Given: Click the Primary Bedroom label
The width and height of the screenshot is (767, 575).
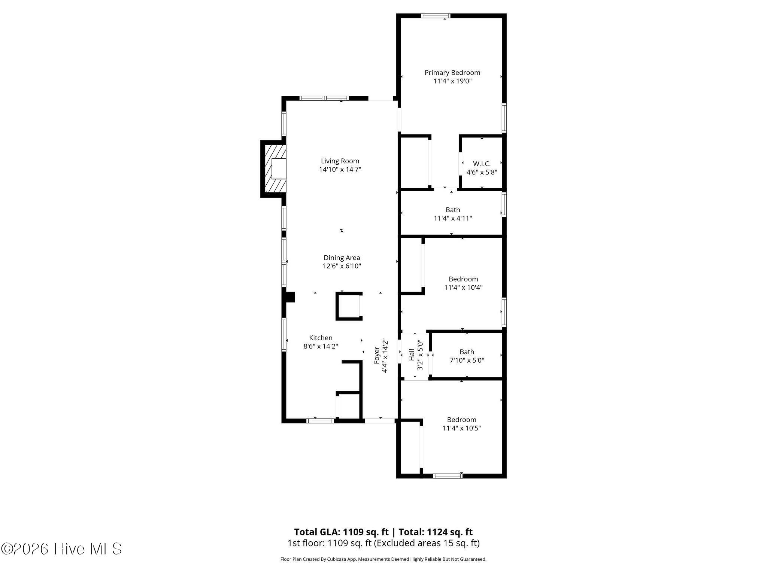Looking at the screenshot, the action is [452, 73].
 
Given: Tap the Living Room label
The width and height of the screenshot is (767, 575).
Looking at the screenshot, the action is [340, 161].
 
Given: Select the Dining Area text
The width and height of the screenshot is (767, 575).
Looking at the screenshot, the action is [342, 258].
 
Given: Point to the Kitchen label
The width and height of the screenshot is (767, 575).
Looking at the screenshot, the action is [321, 338].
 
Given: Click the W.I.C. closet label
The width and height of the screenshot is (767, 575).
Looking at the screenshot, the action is [482, 164].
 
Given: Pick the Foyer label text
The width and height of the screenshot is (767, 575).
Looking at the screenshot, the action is [377, 355].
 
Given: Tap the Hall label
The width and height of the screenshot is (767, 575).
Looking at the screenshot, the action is [412, 355].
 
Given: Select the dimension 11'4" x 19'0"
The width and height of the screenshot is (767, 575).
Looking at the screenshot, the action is [452, 81].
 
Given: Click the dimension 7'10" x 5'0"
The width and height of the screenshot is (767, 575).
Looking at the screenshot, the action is [467, 360].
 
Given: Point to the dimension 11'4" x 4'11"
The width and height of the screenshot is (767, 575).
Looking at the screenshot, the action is [453, 218].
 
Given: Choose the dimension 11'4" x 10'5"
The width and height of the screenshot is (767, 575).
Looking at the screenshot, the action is [462, 428].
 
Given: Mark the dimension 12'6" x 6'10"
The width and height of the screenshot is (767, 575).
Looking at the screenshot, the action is [342, 266].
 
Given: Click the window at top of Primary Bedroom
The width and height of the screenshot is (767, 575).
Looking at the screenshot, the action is [435, 16].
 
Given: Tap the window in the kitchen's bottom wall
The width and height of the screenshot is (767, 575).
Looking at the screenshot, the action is [320, 421].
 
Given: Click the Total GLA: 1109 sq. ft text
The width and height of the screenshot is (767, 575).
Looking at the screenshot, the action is [341, 532].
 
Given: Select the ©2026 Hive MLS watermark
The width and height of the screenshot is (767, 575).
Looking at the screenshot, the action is [61, 549].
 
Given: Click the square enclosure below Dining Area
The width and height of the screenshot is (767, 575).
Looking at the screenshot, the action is [349, 306].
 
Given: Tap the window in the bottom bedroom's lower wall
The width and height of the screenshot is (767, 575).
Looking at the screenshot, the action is [448, 476].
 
